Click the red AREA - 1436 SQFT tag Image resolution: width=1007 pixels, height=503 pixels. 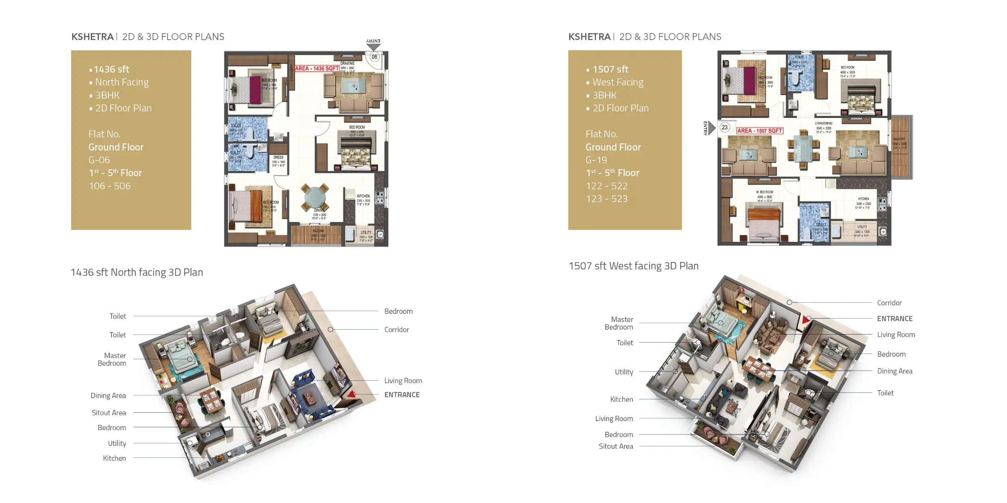(317, 68)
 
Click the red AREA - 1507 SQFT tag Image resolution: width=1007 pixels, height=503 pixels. (759, 130)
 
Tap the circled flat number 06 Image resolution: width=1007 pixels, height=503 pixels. (374, 57)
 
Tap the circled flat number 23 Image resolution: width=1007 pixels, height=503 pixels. (724, 127)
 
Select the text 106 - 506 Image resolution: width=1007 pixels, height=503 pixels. (109, 186)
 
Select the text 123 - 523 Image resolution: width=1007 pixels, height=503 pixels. (606, 199)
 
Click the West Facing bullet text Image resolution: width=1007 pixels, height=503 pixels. (617, 82)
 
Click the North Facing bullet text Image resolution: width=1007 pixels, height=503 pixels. (122, 82)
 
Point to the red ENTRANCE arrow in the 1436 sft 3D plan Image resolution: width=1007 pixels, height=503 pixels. (351, 394)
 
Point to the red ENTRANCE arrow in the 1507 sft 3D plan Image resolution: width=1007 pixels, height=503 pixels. (806, 320)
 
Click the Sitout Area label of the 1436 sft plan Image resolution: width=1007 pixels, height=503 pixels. (109, 413)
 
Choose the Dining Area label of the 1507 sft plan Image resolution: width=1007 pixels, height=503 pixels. (894, 371)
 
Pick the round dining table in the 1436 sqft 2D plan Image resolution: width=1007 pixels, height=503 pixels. (315, 198)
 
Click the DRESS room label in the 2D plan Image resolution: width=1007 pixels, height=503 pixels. (278, 157)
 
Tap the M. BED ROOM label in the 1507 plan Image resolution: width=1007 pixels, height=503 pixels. (765, 192)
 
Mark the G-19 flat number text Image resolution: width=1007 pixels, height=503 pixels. (596, 160)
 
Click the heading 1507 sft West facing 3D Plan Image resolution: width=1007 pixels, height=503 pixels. (633, 266)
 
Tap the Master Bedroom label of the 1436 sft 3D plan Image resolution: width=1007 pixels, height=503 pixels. (112, 359)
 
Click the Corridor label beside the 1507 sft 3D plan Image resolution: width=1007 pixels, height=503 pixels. (889, 303)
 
